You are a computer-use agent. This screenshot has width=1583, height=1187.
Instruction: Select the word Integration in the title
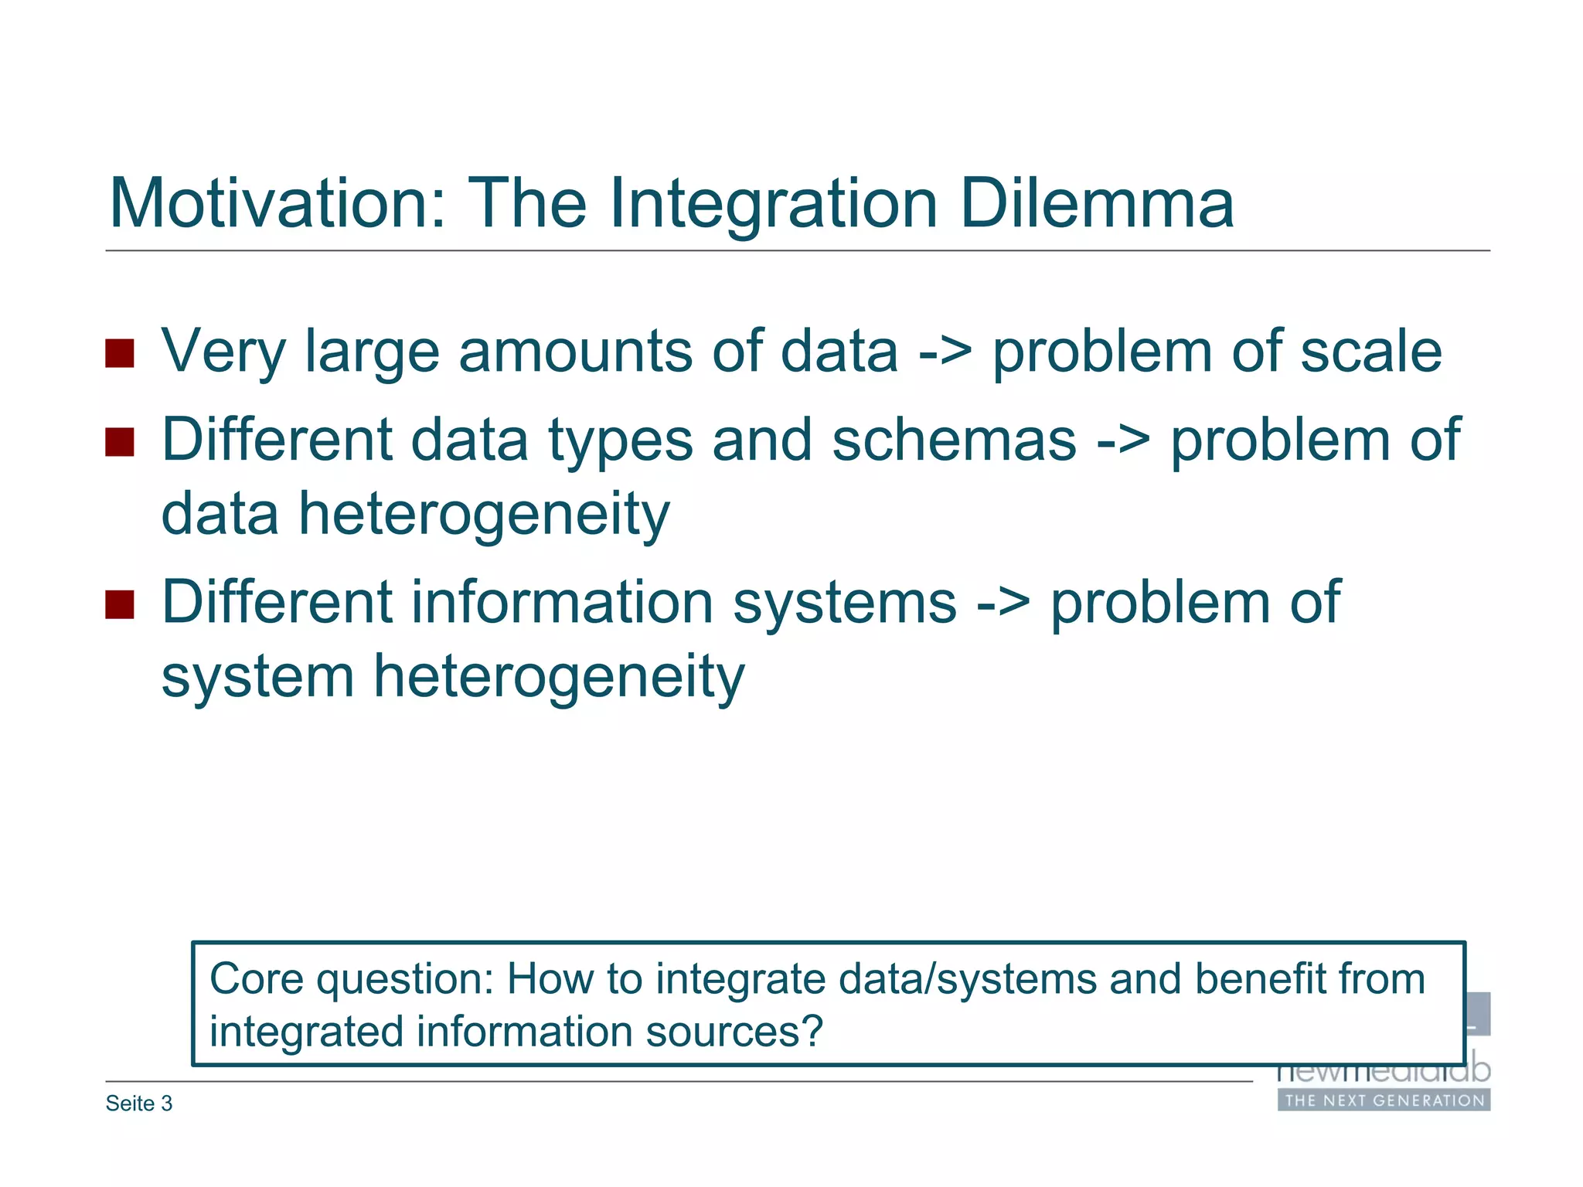773,205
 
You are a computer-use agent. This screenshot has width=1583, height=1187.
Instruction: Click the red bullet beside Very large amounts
120,353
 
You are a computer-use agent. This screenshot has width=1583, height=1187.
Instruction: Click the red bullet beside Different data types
120,442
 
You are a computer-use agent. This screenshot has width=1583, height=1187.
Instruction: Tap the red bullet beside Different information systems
120,604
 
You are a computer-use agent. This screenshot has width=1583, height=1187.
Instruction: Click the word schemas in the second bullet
954,440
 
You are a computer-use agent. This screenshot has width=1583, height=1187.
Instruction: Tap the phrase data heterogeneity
415,515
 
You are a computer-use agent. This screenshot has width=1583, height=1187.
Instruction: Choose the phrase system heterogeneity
452,677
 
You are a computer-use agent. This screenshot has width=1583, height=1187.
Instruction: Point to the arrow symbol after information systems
1003,604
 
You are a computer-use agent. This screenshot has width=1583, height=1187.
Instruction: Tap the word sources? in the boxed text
734,1032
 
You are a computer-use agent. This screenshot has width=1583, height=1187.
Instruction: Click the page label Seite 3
139,1104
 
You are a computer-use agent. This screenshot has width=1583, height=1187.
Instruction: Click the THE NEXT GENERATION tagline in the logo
1384,1100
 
